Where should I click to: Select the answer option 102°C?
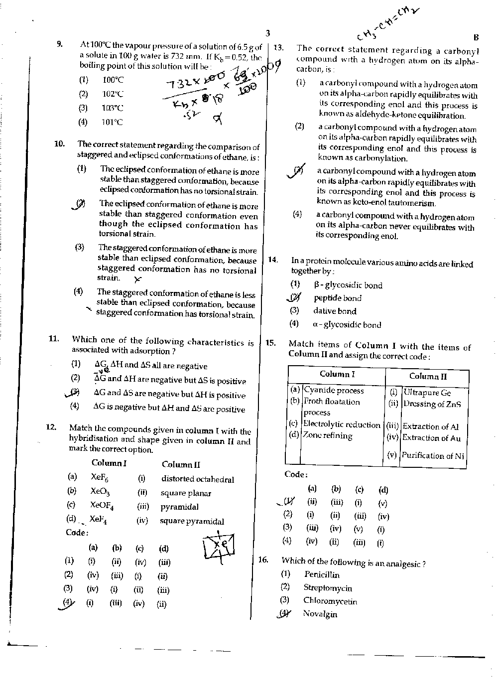click(113, 94)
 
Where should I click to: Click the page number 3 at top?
click(267, 33)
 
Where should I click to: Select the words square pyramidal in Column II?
click(192, 521)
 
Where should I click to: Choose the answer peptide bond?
click(337, 298)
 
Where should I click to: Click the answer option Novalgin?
click(320, 614)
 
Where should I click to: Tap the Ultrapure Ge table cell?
click(427, 393)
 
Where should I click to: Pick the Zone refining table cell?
click(328, 435)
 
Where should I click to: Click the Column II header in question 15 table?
click(428, 376)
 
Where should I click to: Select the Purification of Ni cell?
click(433, 455)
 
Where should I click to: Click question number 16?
click(263, 559)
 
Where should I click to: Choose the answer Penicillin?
click(322, 574)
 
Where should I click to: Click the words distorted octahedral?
click(197, 479)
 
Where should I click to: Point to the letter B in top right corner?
click(476, 37)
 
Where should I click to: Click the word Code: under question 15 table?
click(296, 474)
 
